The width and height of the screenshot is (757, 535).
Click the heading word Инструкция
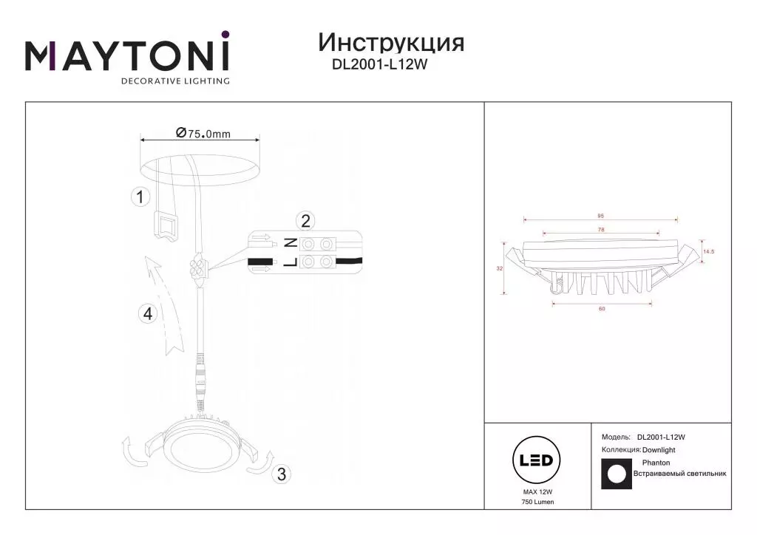click(391, 44)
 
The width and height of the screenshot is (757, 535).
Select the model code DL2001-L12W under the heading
click(379, 64)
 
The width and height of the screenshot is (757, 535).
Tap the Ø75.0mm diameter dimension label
click(203, 133)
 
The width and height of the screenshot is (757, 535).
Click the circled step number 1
click(140, 197)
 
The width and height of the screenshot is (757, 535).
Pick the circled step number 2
click(305, 221)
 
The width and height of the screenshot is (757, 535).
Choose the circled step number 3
click(282, 474)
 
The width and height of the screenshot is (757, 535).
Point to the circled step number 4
click(148, 314)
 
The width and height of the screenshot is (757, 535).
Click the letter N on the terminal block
click(290, 244)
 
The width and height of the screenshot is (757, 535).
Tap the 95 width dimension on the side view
click(600, 216)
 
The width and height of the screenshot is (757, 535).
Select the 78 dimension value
click(601, 230)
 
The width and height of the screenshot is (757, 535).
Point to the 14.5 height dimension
click(709, 251)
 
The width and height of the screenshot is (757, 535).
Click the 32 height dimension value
click(500, 269)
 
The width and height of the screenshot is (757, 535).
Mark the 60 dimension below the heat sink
click(602, 309)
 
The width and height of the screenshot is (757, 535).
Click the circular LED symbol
click(537, 460)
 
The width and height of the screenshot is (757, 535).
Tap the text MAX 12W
click(538, 492)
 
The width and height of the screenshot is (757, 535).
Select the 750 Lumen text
click(538, 502)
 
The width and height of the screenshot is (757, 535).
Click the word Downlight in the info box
click(659, 450)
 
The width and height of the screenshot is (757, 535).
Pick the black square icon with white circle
click(617, 474)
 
